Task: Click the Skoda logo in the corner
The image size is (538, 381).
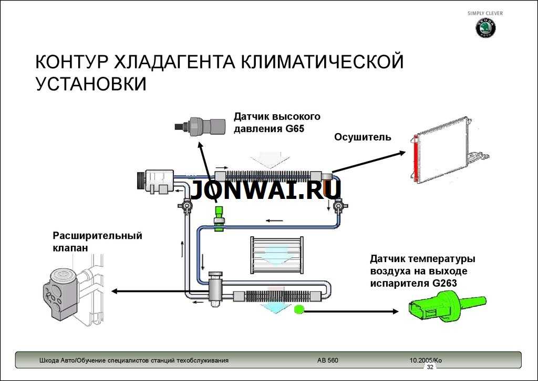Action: [485, 29]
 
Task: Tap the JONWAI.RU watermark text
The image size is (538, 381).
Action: [266, 190]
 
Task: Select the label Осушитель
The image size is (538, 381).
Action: [363, 137]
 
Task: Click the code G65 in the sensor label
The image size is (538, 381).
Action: [295, 129]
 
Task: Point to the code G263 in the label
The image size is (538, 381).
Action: [444, 283]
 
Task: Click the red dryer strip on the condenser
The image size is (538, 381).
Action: [417, 158]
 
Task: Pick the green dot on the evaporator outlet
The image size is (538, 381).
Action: [299, 310]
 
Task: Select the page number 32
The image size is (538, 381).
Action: [430, 367]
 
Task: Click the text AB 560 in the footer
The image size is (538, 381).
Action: [327, 360]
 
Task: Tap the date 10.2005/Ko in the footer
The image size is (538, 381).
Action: [426, 360]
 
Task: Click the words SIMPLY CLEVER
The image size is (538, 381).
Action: [485, 13]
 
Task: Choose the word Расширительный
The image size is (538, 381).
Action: [97, 236]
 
